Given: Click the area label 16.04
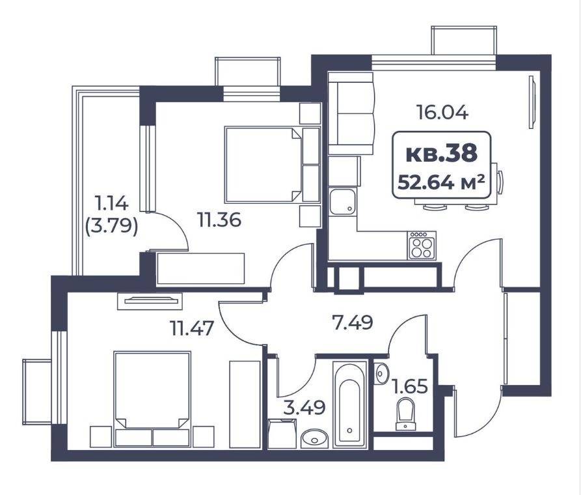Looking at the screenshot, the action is (x=442, y=112).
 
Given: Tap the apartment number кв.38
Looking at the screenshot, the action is (x=441, y=154).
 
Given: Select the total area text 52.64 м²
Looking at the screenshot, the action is (x=441, y=182).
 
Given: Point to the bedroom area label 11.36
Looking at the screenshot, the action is (x=219, y=219).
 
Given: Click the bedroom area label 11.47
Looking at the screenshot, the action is (x=192, y=328).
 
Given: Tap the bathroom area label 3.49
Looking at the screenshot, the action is (x=304, y=408).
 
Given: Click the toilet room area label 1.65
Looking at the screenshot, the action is (x=410, y=386).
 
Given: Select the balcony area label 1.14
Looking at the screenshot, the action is (x=111, y=203).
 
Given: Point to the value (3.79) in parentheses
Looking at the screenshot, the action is (x=111, y=225).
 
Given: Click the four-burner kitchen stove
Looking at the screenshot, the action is (x=422, y=246).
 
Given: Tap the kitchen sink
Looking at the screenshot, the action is (x=343, y=201).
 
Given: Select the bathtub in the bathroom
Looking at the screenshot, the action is (x=349, y=404).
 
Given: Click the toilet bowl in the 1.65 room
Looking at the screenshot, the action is (x=406, y=414).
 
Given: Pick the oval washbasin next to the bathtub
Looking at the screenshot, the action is (x=315, y=438).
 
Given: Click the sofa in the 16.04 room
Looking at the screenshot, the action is (x=351, y=113).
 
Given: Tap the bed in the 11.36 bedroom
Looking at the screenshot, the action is (x=271, y=165).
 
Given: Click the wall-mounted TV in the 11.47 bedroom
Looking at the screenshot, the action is (x=150, y=300).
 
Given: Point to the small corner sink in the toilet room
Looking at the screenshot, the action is (x=381, y=373).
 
